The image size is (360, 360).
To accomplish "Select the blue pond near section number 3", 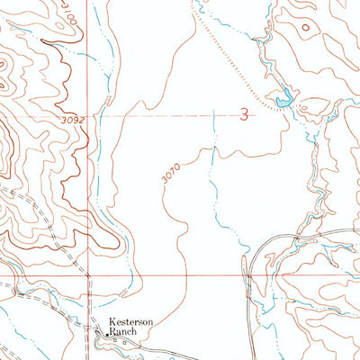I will coord(283,101).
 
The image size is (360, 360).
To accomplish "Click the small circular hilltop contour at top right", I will coord(306,27).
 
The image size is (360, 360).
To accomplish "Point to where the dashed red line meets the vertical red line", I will coord(88,115).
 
